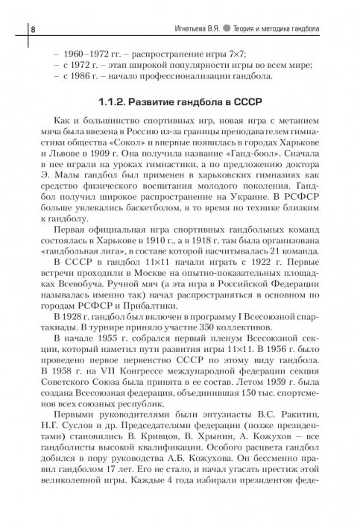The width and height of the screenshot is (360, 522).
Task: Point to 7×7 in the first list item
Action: point(225,53)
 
